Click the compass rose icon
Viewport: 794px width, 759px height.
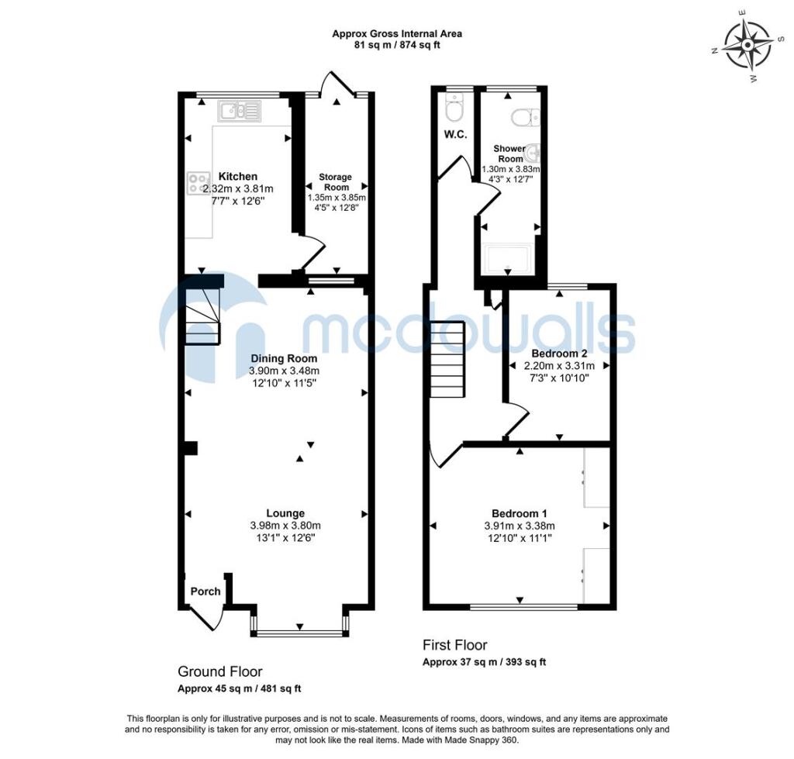(x=747, y=44)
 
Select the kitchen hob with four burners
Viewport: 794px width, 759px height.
(x=194, y=183)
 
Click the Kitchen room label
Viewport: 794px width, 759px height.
(x=237, y=176)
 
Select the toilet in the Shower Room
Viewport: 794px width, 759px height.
(x=526, y=117)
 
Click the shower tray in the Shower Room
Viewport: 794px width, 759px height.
(x=507, y=259)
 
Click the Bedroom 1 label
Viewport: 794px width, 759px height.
(x=520, y=513)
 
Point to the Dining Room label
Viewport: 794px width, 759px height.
(x=284, y=359)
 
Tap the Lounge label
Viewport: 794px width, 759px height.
(x=285, y=512)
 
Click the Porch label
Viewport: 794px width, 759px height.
(x=205, y=592)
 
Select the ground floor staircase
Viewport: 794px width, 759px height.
(x=202, y=314)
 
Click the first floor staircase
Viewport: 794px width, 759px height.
(x=447, y=359)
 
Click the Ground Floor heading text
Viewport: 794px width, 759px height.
(x=220, y=671)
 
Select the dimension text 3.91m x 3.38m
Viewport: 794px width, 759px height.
(x=520, y=526)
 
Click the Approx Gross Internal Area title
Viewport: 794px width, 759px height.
(x=397, y=33)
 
